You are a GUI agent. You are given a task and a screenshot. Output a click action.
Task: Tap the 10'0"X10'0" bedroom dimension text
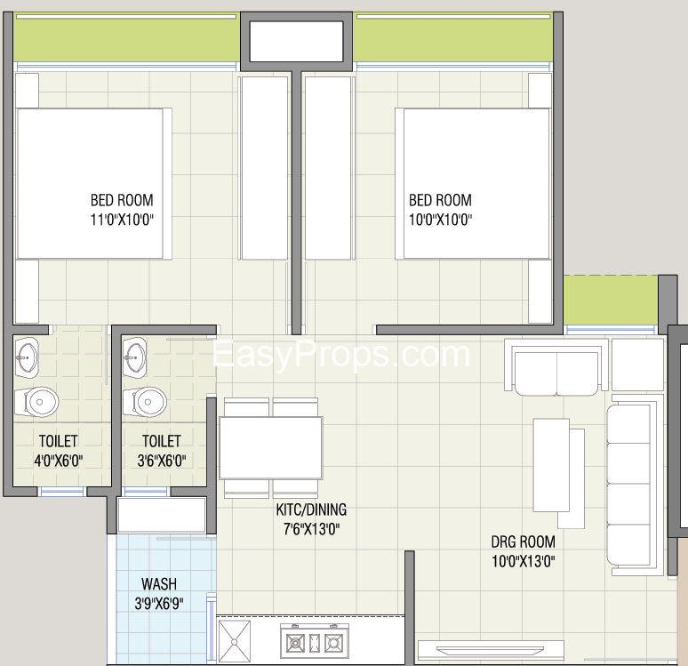coord(440,220)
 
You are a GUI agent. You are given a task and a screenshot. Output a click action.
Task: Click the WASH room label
coord(158,584)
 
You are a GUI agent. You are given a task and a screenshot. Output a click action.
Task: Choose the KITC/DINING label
coord(310,510)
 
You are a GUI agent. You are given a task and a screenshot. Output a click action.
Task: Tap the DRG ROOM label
coord(523,542)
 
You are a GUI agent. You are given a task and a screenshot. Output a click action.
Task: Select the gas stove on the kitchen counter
coord(314,640)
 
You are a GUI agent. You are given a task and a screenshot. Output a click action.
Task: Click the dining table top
coord(270,447)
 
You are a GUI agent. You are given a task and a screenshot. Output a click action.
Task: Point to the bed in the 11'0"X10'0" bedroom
coord(89,182)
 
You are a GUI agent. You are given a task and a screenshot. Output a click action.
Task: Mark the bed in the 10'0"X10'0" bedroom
coord(476,182)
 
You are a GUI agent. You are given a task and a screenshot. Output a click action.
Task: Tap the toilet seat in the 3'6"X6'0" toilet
coord(147,401)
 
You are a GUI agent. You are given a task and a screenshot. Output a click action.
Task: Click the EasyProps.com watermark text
coord(340,354)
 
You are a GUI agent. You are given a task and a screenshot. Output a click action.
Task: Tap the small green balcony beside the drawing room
coord(611,301)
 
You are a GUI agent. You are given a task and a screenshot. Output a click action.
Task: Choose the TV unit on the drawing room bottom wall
coord(490,649)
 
